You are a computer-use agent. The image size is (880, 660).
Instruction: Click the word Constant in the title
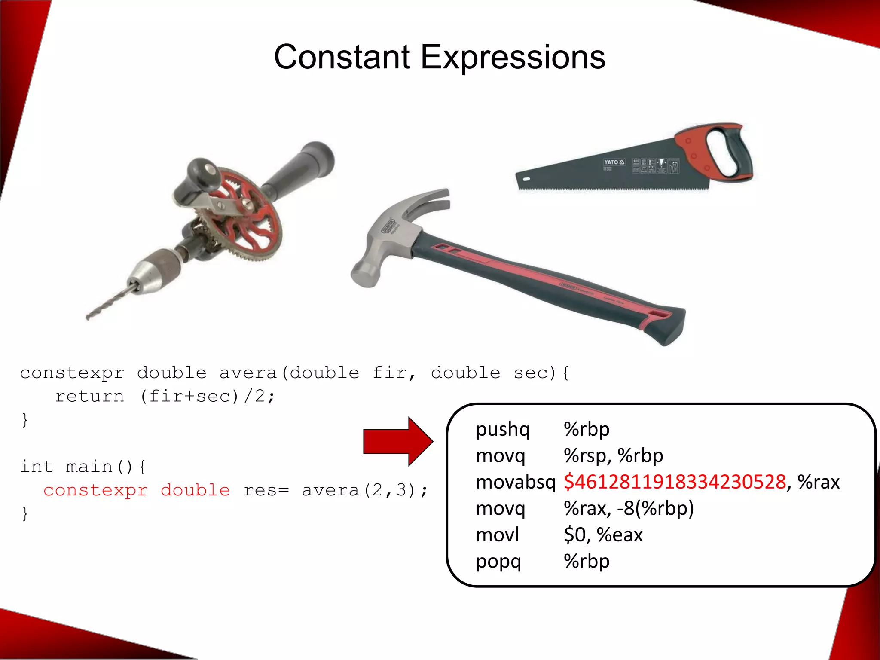[342, 57]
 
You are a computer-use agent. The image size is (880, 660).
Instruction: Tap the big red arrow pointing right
[397, 441]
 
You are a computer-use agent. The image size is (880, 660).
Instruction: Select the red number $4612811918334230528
[675, 482]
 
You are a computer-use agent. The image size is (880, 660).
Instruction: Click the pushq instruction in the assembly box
[503, 429]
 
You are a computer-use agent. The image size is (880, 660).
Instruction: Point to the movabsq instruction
[515, 482]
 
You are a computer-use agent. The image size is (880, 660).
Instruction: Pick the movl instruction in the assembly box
[498, 535]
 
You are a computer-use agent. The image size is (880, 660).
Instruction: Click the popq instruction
[498, 562]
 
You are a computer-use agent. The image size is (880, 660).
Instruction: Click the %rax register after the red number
[819, 482]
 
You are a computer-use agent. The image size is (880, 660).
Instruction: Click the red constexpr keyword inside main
[95, 490]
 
